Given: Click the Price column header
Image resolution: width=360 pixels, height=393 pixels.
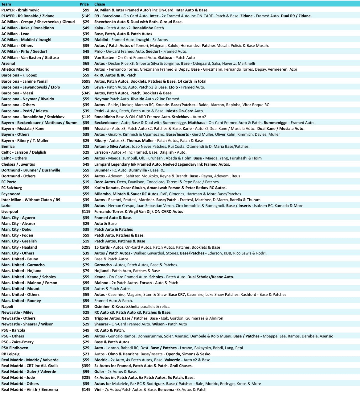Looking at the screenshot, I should pos(84,4).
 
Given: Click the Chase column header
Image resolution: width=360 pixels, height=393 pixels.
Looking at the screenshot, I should pos(100,4).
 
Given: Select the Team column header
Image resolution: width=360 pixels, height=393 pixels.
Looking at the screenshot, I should pos(6,4).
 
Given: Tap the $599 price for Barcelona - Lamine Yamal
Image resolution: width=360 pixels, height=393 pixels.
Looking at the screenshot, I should pos(86,81).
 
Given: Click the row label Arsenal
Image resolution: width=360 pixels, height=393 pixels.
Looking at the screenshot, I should pos(8,64).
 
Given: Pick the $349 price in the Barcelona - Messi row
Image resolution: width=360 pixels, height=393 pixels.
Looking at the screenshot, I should pos(86,93).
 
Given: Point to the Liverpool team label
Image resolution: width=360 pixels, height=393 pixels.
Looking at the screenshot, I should pos(10,212).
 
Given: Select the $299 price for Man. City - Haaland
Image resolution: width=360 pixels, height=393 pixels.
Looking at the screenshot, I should pos(86,247).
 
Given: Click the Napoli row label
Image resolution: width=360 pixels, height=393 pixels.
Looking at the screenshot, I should pos(7,307).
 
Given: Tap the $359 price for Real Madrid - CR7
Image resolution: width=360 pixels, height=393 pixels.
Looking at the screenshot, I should pos(86,366).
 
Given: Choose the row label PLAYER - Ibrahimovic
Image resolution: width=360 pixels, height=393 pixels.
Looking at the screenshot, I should pos(20,10).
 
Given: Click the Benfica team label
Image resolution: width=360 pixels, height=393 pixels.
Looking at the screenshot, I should pos(8,147).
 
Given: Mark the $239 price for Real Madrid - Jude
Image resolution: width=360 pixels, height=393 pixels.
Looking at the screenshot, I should pos(86,378).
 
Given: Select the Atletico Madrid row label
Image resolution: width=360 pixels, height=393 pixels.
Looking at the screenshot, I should pos(15,69).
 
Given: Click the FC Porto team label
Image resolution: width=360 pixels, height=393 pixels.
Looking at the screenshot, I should pos(9,182).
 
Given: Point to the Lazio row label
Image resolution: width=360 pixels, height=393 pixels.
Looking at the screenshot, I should pos(6,206).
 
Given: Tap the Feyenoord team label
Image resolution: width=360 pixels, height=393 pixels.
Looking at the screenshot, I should pos(11,194).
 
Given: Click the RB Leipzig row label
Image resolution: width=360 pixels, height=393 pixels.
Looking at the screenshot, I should pos(10,354).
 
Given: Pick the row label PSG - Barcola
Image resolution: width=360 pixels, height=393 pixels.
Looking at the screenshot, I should pos(13,330).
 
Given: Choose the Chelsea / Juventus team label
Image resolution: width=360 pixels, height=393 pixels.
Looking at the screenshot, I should pos(18,164).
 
